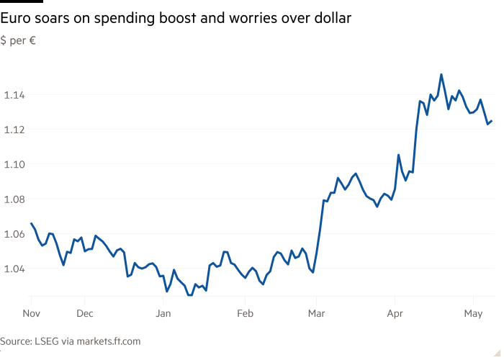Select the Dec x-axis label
85,314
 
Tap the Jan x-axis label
163,314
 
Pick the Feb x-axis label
246,314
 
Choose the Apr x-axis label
395,314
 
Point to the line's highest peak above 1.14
441,74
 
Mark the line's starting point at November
31,223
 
